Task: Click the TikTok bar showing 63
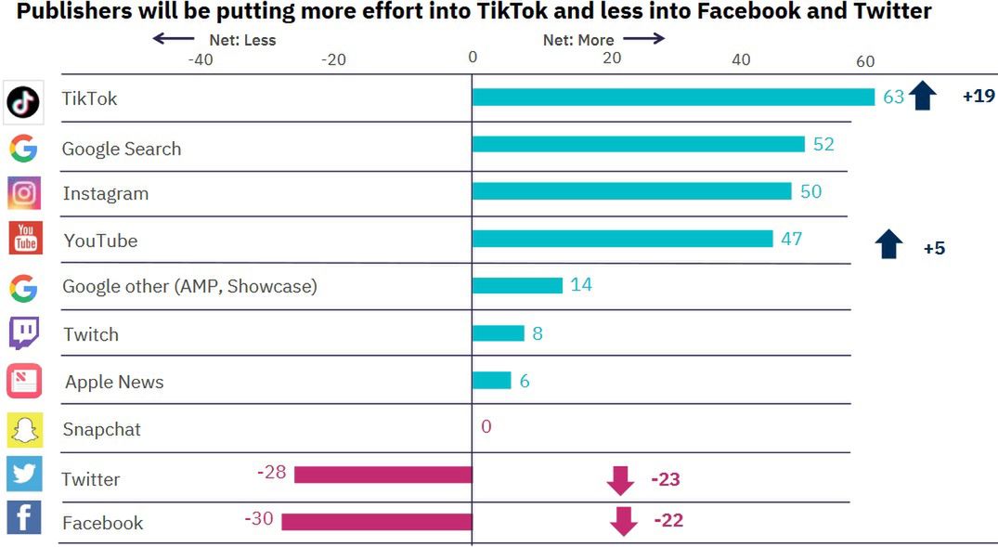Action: (673, 97)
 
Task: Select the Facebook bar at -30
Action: (377, 521)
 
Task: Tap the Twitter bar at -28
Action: (383, 475)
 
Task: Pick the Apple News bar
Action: (491, 380)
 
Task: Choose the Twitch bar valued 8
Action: (498, 332)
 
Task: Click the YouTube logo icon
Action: (25, 238)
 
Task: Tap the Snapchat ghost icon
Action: (25, 430)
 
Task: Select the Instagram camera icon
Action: (24, 193)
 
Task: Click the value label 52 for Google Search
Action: (823, 144)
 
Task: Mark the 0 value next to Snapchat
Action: (486, 427)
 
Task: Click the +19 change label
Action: (979, 96)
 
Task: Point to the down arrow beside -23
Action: (620, 480)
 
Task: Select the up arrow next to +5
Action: (889, 245)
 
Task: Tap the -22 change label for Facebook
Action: (667, 520)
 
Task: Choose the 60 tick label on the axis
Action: (864, 61)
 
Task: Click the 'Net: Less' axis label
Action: (242, 40)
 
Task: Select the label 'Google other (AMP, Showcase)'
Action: (189, 286)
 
